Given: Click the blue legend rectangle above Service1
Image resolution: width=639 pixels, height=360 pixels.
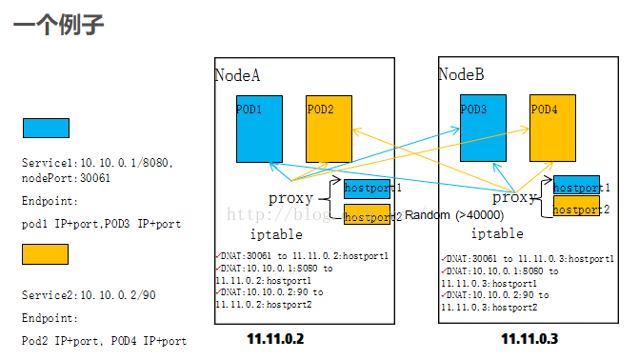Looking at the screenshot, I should click(x=45, y=129).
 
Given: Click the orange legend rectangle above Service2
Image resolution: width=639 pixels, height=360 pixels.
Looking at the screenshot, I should click(x=45, y=253).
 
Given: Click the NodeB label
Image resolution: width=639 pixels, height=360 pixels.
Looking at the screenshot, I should click(x=462, y=74).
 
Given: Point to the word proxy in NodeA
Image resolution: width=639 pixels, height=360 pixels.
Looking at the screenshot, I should click(x=291, y=198).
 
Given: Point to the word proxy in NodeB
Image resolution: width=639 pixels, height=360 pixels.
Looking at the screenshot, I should click(x=514, y=198).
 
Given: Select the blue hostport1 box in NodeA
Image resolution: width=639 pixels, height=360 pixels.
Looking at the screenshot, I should click(x=367, y=189).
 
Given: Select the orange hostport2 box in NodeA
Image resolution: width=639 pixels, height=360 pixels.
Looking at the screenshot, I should click(x=367, y=215).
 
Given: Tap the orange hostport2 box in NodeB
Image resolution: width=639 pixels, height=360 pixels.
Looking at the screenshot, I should click(x=576, y=207).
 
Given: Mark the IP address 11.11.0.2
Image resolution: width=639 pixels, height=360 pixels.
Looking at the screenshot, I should click(x=274, y=338).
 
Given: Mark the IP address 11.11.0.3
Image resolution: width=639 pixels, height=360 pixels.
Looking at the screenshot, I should click(x=529, y=338).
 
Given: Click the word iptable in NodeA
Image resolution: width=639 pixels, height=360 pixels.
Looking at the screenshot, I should click(x=276, y=233).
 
